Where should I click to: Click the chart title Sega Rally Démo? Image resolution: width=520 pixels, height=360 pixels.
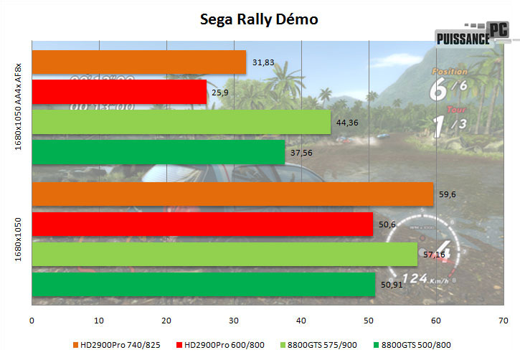point(259,19)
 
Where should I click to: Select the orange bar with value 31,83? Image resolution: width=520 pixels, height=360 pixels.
point(139,62)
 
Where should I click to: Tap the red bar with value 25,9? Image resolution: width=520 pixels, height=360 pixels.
point(119,92)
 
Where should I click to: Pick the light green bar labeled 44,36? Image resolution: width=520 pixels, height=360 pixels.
point(181,122)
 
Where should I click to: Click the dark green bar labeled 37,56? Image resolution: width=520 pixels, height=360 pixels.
point(159,152)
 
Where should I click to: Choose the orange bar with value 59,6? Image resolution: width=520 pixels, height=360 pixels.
point(232,194)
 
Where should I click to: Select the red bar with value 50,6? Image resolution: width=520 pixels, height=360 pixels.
point(202,224)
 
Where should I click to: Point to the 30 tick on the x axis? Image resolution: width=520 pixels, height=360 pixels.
point(234,320)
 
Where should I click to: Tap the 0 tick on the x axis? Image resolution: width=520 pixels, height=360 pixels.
point(32,320)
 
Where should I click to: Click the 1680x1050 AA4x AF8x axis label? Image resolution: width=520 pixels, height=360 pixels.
point(18,107)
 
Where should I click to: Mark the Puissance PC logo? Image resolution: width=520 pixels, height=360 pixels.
point(473,35)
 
